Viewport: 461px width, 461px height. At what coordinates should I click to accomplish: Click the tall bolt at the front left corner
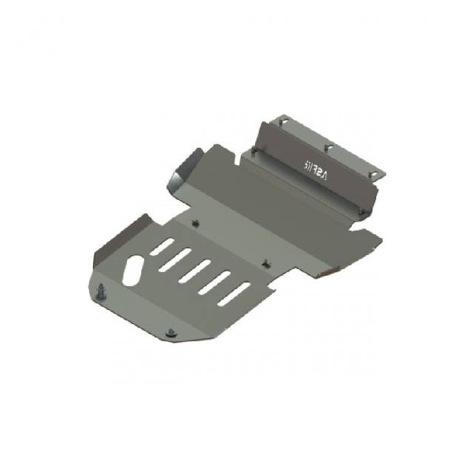tap(100, 291)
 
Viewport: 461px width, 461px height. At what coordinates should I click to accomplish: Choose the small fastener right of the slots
tap(265, 262)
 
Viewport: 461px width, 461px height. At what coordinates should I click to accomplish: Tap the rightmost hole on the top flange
tap(378, 173)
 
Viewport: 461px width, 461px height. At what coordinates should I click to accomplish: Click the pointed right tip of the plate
tap(380, 239)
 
